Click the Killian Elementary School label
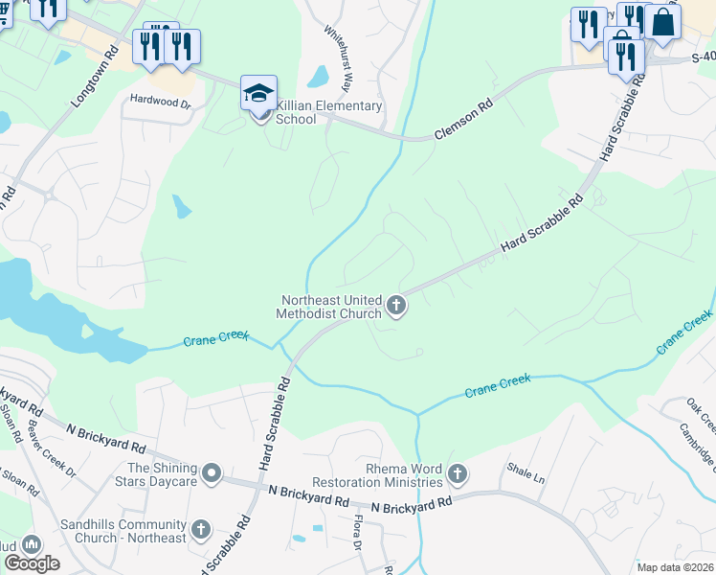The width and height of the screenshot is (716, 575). pyautogui.click(x=328, y=113)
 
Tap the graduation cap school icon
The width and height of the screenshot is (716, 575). pyautogui.click(x=258, y=94)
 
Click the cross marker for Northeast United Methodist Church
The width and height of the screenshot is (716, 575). pyautogui.click(x=396, y=307)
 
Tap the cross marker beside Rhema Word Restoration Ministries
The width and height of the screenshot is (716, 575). pyautogui.click(x=458, y=473)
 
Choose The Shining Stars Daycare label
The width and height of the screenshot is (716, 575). pyautogui.click(x=162, y=473)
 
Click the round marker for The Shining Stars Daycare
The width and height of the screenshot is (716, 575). pyautogui.click(x=213, y=473)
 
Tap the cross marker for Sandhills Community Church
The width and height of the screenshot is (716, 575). pyautogui.click(x=201, y=529)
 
